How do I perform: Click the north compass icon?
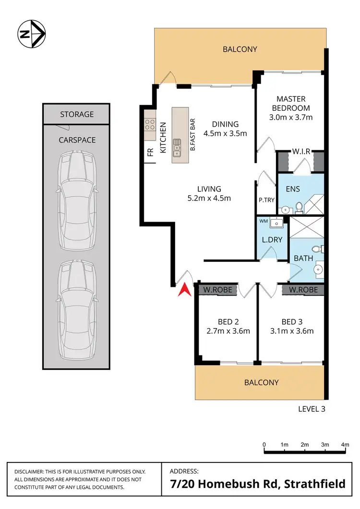pos(31,34)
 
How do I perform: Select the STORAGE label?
pos(77,114)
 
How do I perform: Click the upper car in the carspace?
pos(77,201)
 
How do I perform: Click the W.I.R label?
pos(300,152)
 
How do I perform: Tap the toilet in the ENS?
pos(299,207)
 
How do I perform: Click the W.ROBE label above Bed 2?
pos(215,290)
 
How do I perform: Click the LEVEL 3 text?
pos(312,409)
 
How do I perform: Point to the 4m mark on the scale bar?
pos(344,445)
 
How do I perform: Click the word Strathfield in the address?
pos(315,483)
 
